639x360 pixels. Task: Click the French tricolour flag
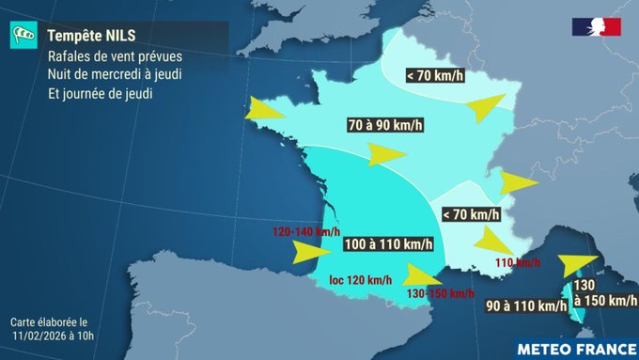point(597,27)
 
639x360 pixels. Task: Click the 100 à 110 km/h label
point(389,244)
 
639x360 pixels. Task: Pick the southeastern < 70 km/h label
point(470,215)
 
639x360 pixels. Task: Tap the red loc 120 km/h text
point(361,280)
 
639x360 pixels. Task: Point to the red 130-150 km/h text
point(441,293)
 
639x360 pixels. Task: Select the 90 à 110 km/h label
point(526,305)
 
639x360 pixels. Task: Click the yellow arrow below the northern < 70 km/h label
point(487,106)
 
